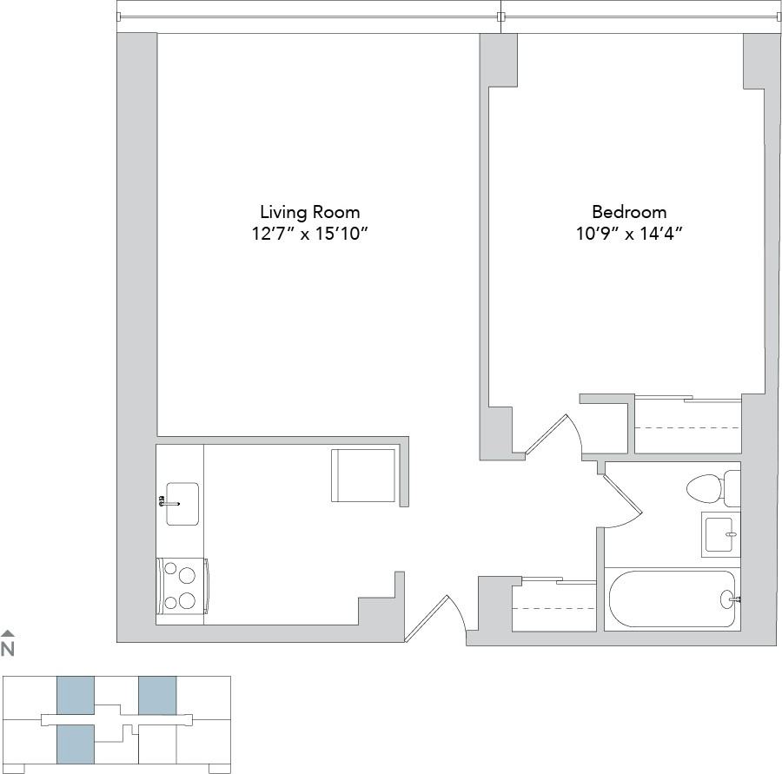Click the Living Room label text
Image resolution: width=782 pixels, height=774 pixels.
(x=309, y=212)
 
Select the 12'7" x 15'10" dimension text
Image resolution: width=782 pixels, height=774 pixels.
(x=309, y=234)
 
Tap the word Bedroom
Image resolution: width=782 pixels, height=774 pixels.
(x=629, y=212)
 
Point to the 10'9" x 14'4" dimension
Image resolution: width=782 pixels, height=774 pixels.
(x=629, y=234)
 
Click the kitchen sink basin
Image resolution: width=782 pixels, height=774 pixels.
(x=182, y=504)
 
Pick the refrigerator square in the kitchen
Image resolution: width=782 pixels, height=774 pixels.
(x=363, y=475)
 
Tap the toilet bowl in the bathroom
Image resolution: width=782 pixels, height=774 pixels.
(x=706, y=489)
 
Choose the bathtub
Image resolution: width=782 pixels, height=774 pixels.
(x=671, y=599)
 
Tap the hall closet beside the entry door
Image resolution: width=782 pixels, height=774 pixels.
(x=553, y=605)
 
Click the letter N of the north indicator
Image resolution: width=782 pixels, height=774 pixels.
(x=8, y=648)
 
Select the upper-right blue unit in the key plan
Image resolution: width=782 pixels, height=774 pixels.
(x=157, y=695)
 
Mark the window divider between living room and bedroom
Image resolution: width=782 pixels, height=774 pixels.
(x=500, y=16)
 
